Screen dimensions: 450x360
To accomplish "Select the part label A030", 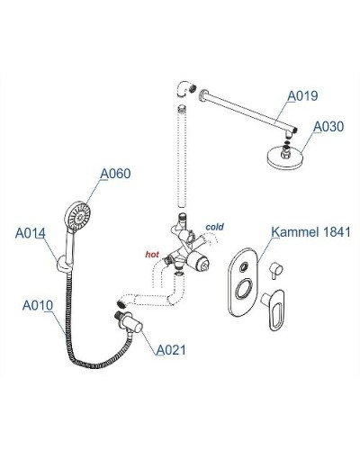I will (325, 127).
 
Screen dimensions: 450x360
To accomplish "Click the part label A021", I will (170, 349).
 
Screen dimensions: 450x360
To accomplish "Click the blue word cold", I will (215, 228).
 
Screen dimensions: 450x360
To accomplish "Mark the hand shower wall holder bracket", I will (62, 264).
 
